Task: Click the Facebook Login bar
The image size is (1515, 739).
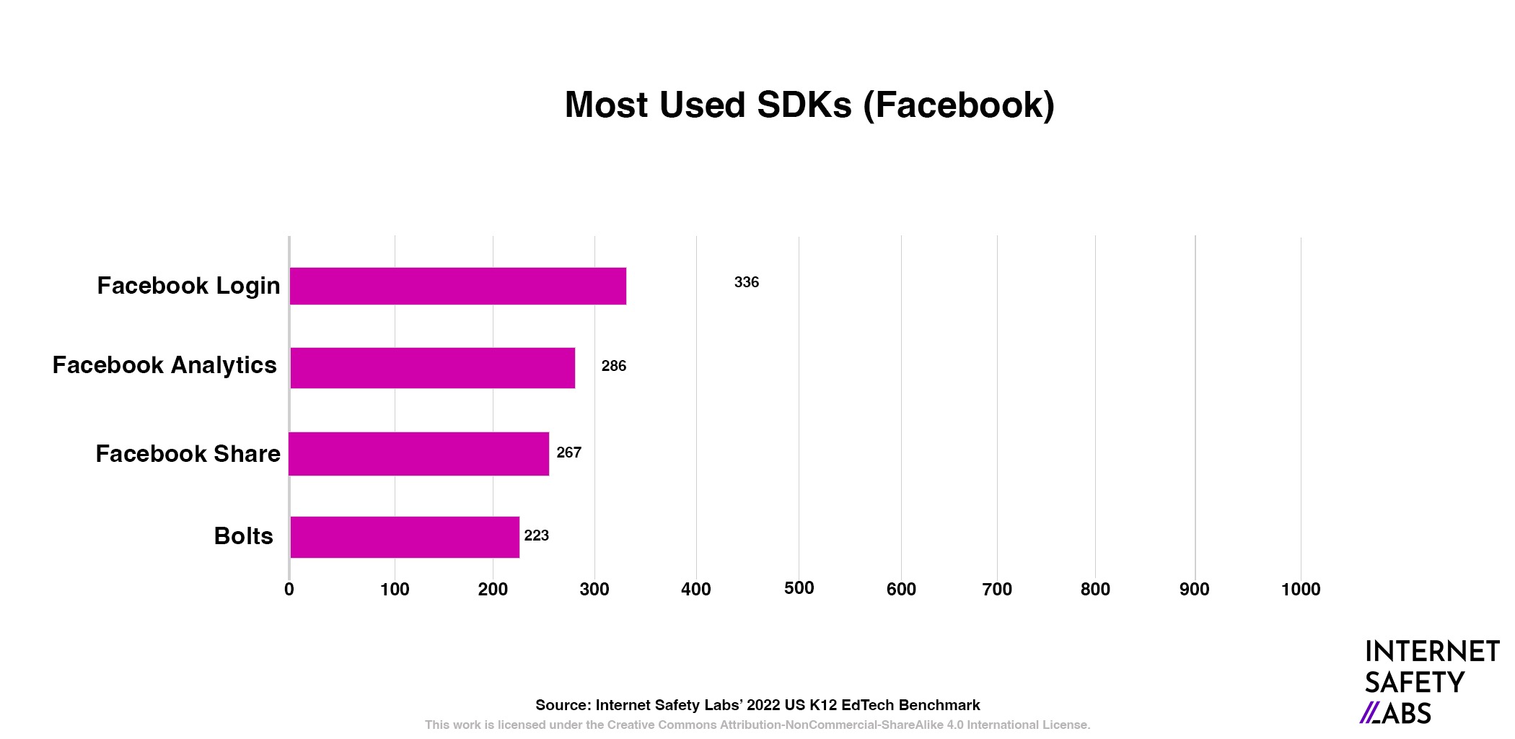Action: tap(457, 286)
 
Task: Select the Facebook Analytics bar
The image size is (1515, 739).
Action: tap(432, 368)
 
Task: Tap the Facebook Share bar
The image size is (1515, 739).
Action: tap(418, 454)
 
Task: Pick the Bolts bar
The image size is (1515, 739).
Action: tap(404, 537)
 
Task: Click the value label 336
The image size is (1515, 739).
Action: tap(747, 282)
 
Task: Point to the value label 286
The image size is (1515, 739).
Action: tap(614, 366)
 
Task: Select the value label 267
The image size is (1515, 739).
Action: tap(568, 452)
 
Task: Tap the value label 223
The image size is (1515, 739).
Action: tap(536, 535)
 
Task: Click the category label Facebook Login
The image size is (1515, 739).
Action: tap(188, 286)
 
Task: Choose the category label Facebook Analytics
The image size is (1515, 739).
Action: tap(164, 365)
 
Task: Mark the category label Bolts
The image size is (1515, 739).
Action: tap(243, 536)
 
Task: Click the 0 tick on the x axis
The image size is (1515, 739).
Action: tap(289, 590)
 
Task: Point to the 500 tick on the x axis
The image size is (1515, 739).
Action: tap(799, 588)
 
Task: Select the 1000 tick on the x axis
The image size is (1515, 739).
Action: tap(1301, 590)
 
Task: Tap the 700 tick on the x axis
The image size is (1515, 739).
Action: tap(997, 590)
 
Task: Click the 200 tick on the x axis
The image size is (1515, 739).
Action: tap(493, 590)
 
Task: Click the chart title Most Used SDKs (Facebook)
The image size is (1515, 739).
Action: tap(809, 105)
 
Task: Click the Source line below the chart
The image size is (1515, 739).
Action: tap(757, 705)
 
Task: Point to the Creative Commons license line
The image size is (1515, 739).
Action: tap(757, 725)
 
